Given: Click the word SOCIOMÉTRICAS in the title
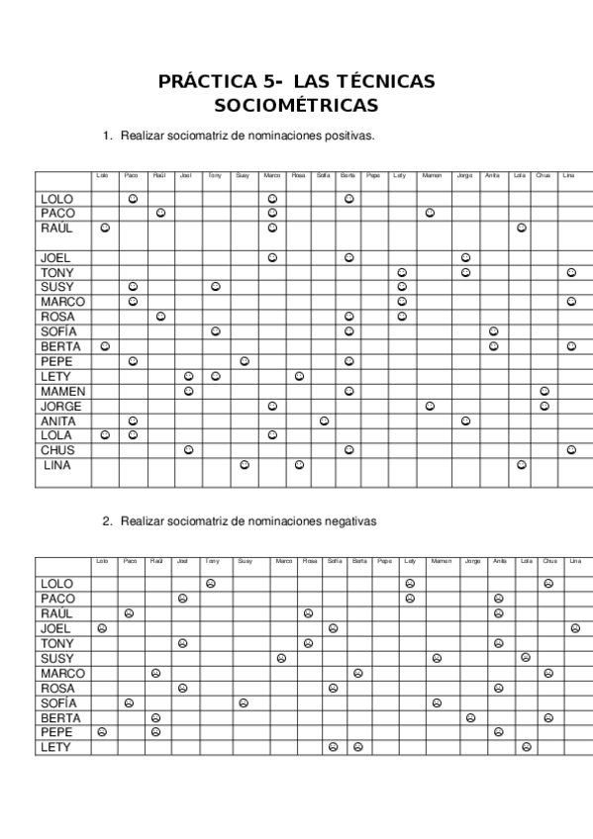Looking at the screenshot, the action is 296,104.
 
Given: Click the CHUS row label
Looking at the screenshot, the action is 56,450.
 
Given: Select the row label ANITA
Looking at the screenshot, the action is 58,420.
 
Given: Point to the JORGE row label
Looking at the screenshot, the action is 60,406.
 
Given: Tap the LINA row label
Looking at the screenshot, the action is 58,465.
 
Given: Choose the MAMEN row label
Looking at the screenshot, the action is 60,391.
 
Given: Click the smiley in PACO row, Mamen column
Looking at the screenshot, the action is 430,213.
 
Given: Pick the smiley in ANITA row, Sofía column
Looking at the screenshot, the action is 323,420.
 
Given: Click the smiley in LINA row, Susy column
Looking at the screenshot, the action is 245,464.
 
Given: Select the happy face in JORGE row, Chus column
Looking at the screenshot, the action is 544,406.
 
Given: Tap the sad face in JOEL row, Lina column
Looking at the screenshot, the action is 575,628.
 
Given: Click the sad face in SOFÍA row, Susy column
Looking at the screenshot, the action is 243,702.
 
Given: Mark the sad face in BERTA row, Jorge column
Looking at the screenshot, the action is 470,717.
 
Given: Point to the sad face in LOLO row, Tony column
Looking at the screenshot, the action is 210,584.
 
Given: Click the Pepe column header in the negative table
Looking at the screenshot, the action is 384,561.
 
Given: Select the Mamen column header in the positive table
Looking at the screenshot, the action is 432,176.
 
